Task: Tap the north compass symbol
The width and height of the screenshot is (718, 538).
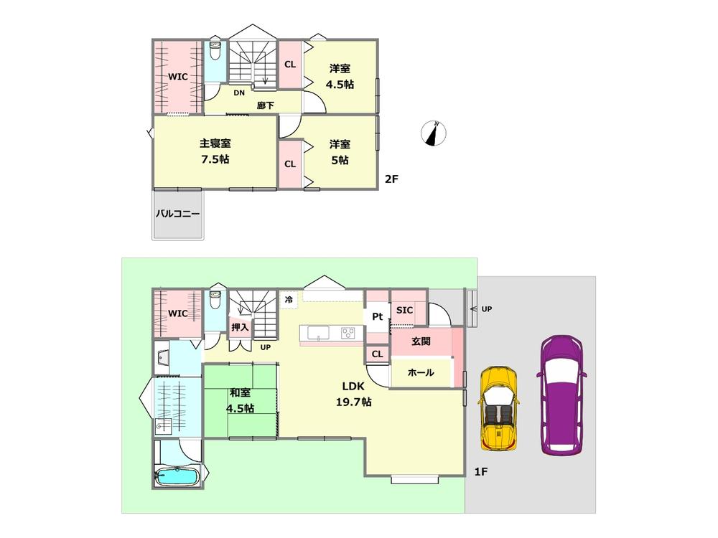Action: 435,133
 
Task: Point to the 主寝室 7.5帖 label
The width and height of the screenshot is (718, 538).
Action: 215,151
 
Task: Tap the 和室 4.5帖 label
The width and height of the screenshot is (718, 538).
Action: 239,400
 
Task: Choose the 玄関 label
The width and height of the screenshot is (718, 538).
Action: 421,342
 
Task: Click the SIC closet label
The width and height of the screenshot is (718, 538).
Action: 404,310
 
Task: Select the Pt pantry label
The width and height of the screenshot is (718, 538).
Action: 376,316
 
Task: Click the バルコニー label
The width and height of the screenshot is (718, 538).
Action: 177,213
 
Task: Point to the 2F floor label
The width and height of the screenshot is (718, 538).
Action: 391,179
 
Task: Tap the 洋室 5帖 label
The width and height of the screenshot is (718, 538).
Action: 339,152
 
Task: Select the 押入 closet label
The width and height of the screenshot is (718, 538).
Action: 239,327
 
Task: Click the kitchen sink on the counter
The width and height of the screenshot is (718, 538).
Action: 318,332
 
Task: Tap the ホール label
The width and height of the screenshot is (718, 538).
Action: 420,373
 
